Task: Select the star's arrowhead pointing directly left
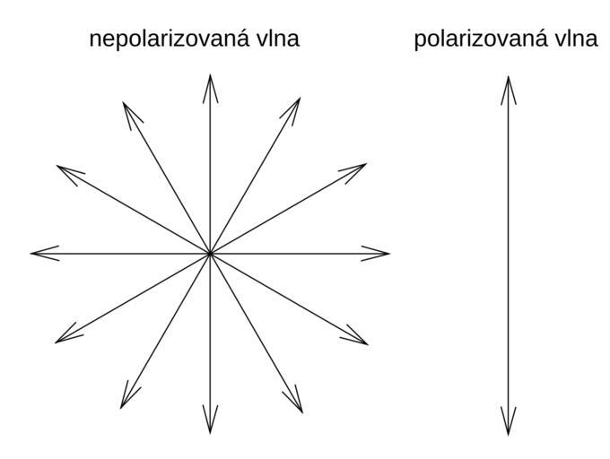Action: (38, 253)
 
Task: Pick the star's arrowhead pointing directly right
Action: (382, 253)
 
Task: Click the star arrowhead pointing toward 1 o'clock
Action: (295, 104)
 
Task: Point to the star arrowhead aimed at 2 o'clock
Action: (360, 167)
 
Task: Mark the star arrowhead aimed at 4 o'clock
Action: (361, 340)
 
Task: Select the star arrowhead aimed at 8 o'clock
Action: (62, 339)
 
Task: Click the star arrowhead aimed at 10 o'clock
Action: (63, 169)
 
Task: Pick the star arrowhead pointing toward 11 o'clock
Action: (126, 108)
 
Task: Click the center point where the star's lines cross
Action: (210, 253)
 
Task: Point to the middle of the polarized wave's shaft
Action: (508, 255)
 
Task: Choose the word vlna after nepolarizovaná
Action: (276, 40)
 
